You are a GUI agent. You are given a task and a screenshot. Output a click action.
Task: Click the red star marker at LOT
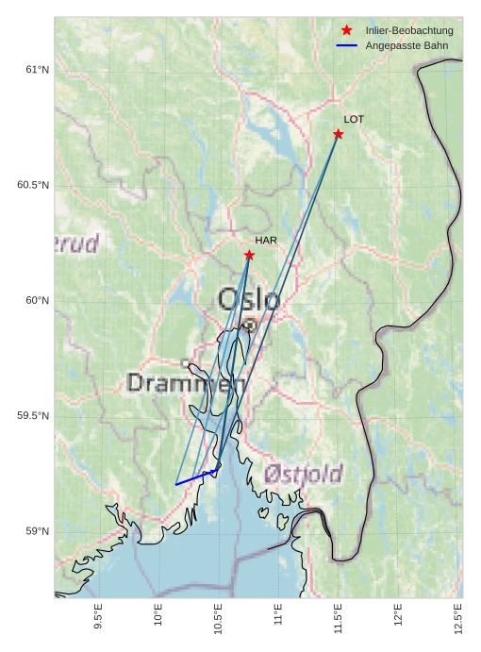[x=338, y=134]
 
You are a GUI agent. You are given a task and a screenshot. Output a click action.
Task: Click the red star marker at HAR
[x=249, y=255]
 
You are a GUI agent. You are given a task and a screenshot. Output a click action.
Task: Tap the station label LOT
[x=354, y=120]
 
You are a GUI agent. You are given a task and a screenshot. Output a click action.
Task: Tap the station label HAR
[x=266, y=241]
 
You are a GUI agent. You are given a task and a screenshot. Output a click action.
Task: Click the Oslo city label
[x=249, y=300]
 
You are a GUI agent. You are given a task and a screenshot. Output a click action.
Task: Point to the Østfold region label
[x=304, y=474]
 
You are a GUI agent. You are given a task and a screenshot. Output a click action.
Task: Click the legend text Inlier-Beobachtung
[x=409, y=31]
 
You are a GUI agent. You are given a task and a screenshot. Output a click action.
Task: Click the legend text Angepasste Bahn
[x=406, y=45]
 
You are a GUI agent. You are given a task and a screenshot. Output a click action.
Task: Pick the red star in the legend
[x=346, y=30]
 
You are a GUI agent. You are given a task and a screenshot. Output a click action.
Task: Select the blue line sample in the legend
[x=346, y=45]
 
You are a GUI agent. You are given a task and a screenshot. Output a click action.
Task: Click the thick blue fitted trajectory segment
[x=197, y=476]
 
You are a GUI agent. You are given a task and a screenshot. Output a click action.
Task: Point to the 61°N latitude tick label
[x=37, y=70]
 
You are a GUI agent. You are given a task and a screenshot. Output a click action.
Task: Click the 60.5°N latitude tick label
[x=33, y=185]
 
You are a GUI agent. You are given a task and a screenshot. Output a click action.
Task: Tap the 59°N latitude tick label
[x=37, y=531]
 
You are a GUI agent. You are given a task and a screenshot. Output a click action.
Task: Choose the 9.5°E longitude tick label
[x=98, y=615]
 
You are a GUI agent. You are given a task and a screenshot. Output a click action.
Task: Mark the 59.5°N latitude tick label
[x=33, y=416]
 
